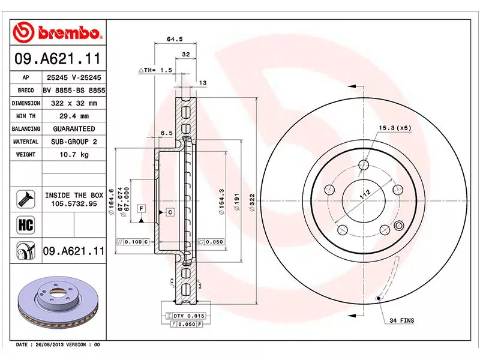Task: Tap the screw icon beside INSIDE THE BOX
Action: [x=25, y=199]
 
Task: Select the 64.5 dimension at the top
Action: [x=174, y=40]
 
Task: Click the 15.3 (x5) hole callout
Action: [x=394, y=128]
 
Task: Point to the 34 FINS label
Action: [x=401, y=321]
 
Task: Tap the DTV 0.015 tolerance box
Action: [x=188, y=316]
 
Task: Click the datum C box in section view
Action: [x=170, y=212]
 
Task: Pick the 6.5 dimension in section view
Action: [x=167, y=133]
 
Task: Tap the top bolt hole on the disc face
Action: [x=364, y=166]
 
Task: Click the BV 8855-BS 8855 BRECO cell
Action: [x=74, y=90]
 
